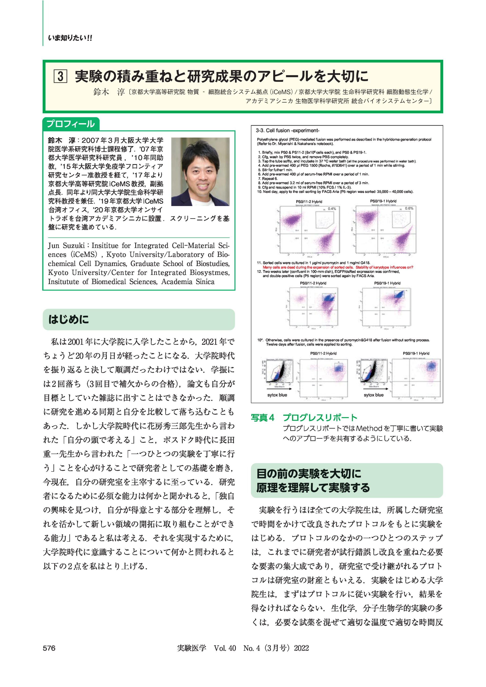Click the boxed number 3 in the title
(60, 76)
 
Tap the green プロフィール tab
(71, 124)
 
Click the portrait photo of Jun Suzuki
(200, 172)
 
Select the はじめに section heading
(69, 319)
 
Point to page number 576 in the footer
(49, 648)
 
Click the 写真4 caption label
(262, 418)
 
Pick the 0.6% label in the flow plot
(409, 208)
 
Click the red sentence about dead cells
(338, 267)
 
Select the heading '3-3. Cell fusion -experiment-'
(287, 131)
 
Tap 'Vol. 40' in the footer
(225, 648)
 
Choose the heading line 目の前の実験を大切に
(309, 474)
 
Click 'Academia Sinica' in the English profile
(188, 282)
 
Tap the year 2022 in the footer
(301, 648)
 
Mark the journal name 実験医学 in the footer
(191, 648)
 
